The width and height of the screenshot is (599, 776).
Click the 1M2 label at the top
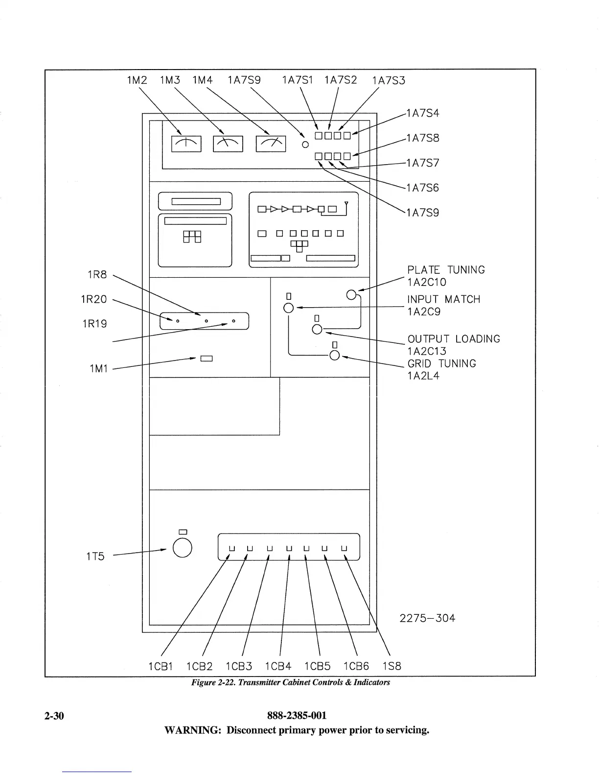coord(137,80)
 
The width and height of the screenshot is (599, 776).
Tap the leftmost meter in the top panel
coord(186,144)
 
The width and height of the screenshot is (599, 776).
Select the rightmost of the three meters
coord(271,144)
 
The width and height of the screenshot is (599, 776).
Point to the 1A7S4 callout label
coord(423,113)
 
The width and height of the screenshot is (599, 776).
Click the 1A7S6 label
coord(423,188)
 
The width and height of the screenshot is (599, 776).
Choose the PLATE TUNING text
coord(446,270)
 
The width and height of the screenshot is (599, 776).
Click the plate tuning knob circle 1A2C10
coord(351,294)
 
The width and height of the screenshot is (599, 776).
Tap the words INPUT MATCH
coord(443,299)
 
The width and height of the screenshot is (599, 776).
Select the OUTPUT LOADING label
coord(454,339)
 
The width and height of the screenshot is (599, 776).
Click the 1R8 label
coord(97,275)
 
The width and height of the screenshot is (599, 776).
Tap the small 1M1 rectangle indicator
coord(206,359)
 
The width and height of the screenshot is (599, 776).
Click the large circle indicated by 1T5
coord(182,548)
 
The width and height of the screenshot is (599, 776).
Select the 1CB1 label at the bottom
coord(161,666)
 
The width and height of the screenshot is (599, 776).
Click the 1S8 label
coord(392,666)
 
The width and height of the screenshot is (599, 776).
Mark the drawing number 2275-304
coord(427,618)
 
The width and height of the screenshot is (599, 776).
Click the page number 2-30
coord(54,716)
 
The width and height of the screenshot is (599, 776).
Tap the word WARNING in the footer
coord(193,730)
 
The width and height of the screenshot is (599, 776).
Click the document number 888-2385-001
coord(297,716)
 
